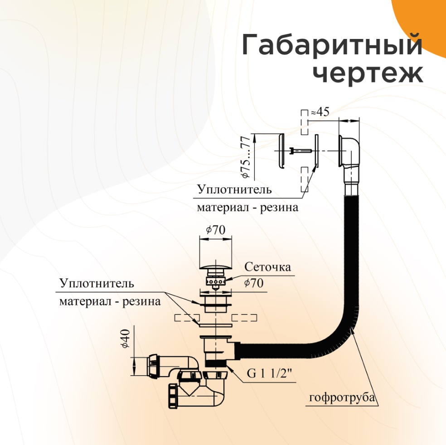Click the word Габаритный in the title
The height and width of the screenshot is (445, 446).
[331, 46]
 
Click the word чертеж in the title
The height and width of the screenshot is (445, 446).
[368, 73]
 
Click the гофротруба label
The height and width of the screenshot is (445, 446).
[343, 398]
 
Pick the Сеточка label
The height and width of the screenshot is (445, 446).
[267, 267]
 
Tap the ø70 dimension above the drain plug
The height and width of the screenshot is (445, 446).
[216, 230]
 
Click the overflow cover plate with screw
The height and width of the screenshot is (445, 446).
[281, 151]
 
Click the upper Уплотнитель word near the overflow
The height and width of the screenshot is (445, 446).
[234, 189]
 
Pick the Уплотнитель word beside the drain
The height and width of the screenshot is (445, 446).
[97, 284]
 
